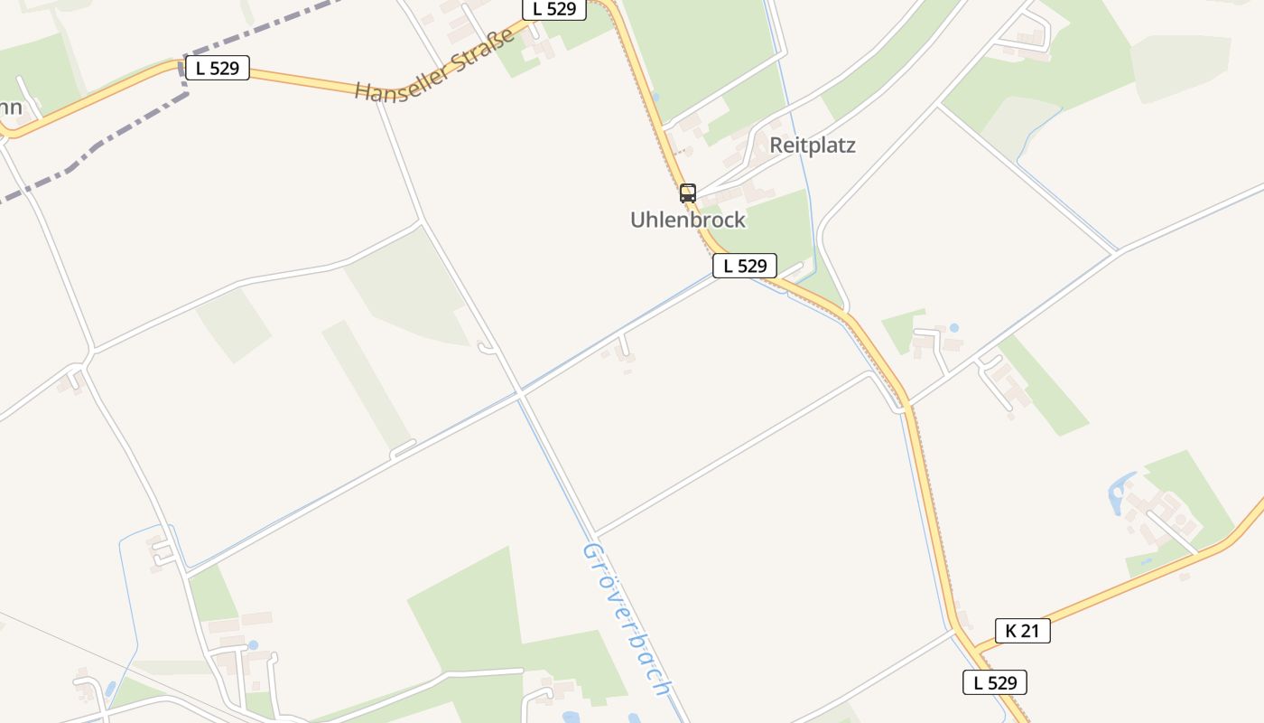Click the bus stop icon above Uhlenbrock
[x=688, y=192]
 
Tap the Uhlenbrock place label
[x=688, y=220]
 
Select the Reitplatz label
[x=813, y=146]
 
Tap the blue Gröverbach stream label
[x=627, y=619]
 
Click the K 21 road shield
[x=1023, y=631]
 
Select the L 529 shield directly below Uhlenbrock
[x=745, y=266]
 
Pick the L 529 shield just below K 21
[x=995, y=682]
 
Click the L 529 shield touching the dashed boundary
[x=217, y=68]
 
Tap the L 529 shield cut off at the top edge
[x=554, y=9]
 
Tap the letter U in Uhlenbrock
[x=637, y=220]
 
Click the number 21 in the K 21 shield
[x=1030, y=631]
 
